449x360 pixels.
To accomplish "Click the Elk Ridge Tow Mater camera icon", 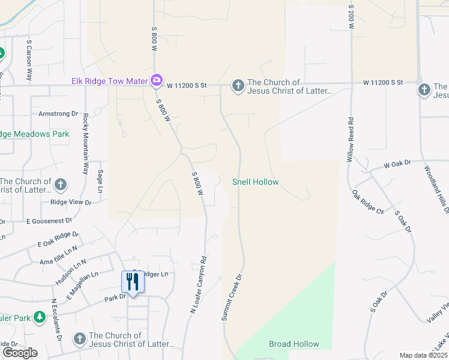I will pyautogui.click(x=157, y=80).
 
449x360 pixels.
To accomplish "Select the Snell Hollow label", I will pyautogui.click(x=256, y=182).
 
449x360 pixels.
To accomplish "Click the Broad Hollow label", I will pyautogui.click(x=294, y=344).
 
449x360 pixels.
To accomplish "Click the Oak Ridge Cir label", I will pyautogui.click(x=367, y=202).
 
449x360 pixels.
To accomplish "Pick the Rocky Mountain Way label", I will pyautogui.click(x=86, y=143).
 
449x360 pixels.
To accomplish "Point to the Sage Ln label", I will pyautogui.click(x=100, y=182).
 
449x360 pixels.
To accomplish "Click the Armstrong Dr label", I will pyautogui.click(x=58, y=113).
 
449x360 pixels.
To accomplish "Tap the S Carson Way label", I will pyautogui.click(x=29, y=60).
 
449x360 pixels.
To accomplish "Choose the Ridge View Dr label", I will pyautogui.click(x=71, y=203).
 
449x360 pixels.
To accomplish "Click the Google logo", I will pyautogui.click(x=20, y=353).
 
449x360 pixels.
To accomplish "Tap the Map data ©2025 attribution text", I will pyautogui.click(x=423, y=355).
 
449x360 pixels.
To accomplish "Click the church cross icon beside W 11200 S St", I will pyautogui.click(x=238, y=86).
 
